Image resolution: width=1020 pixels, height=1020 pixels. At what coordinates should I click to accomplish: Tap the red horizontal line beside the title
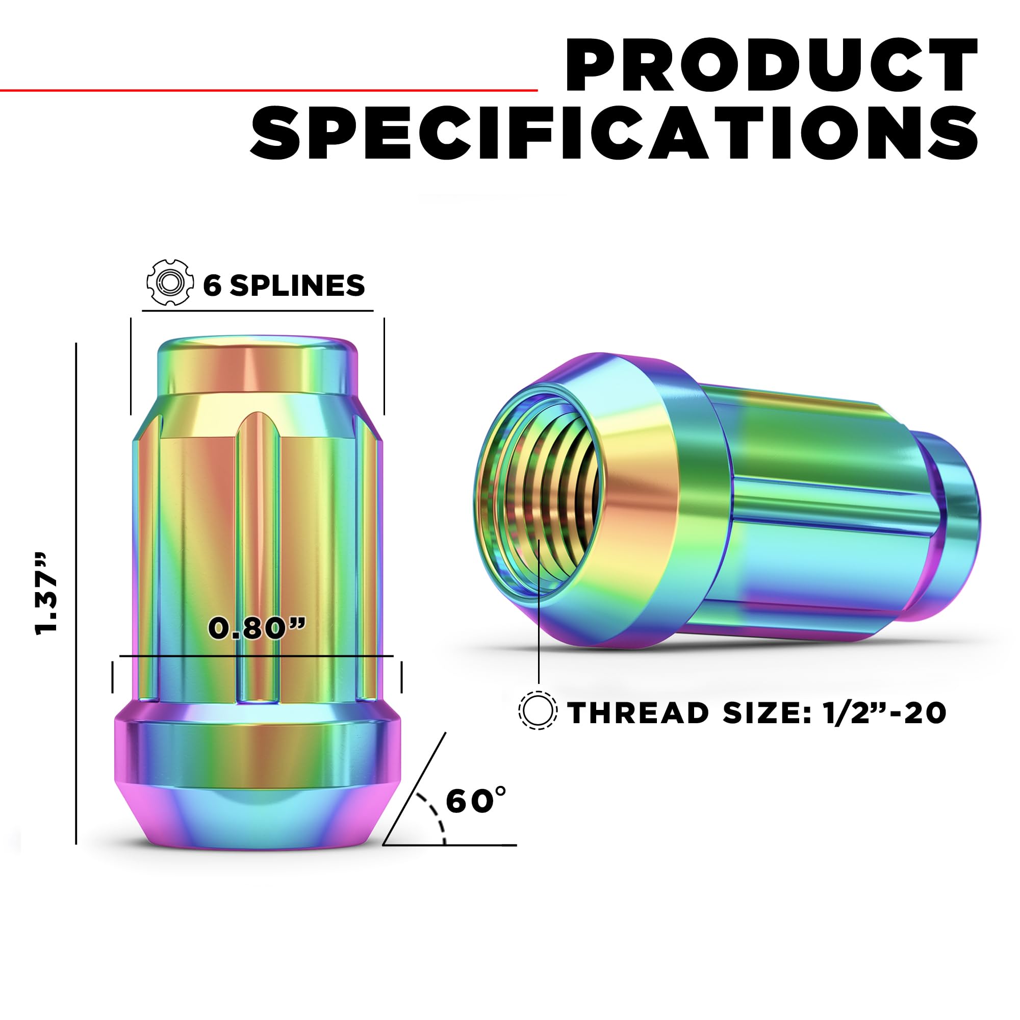coord(269,90)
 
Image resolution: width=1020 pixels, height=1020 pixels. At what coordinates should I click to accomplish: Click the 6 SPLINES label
coord(284,285)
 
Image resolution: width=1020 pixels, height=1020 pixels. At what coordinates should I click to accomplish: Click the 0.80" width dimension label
coord(257,628)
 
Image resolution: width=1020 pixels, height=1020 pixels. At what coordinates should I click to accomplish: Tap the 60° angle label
coord(476,800)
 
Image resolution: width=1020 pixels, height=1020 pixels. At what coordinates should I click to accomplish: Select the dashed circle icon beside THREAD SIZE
coord(538,710)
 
